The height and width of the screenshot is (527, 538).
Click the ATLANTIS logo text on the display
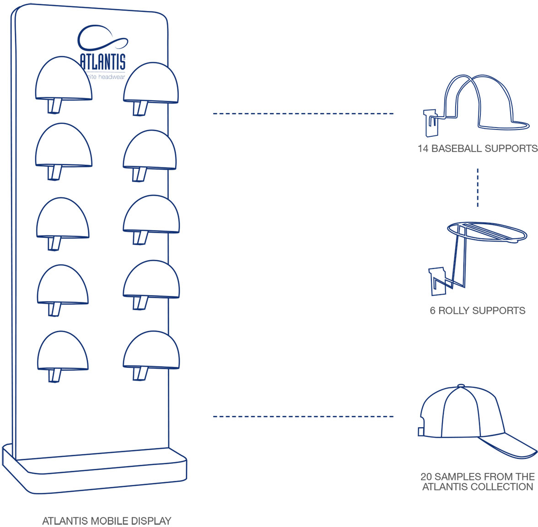(102, 61)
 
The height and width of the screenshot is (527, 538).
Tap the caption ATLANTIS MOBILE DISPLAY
(107, 521)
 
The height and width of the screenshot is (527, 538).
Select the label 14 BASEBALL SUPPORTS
(477, 148)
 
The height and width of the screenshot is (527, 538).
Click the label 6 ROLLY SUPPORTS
(477, 311)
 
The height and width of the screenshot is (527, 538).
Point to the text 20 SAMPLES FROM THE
(477, 476)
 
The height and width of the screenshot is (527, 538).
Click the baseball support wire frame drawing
(478, 104)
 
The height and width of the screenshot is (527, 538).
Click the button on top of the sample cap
(461, 386)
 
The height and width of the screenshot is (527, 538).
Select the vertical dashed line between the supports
(478, 188)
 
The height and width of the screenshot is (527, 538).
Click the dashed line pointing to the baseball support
(303, 113)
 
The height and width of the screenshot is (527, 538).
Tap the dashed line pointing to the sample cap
(303, 416)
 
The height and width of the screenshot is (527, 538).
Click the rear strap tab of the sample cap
(421, 431)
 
